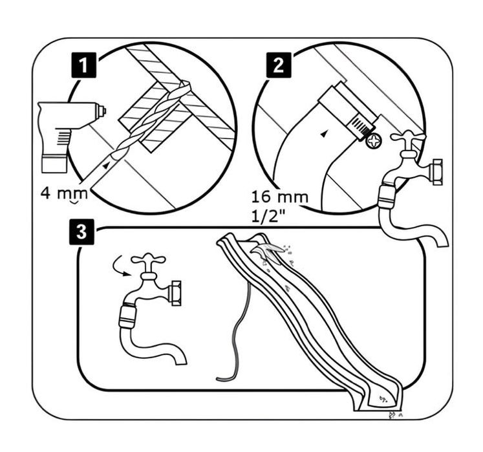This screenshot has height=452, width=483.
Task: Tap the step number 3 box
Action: pos(80,233)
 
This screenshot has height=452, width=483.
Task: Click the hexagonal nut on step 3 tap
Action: pos(175,292)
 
